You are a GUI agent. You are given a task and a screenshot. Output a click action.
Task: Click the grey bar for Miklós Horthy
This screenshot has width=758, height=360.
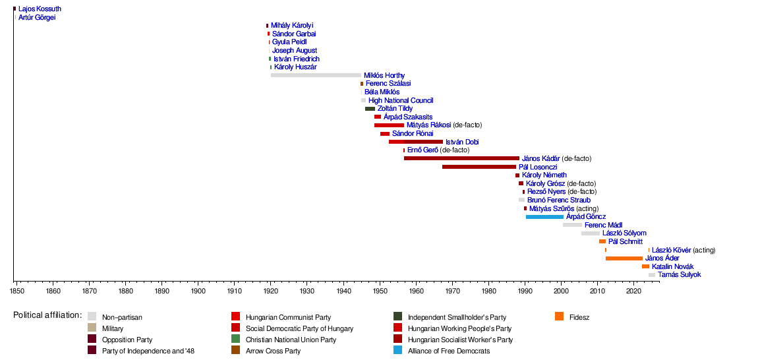[x=316, y=75]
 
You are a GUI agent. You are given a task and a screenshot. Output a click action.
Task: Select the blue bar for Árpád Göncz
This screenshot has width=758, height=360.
[x=544, y=216]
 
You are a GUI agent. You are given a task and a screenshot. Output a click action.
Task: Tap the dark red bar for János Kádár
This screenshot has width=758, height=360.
[x=461, y=158]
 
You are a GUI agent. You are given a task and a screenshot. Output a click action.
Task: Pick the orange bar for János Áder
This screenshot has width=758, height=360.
[x=624, y=258]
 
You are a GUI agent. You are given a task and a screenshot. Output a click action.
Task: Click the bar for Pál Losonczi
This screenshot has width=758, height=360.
[x=479, y=167]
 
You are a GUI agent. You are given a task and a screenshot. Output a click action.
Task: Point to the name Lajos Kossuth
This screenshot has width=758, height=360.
[x=40, y=9]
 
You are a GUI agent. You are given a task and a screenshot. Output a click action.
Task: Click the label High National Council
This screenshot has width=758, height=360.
[x=401, y=100]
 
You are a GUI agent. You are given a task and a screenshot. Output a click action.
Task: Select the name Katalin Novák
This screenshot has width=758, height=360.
[x=672, y=266]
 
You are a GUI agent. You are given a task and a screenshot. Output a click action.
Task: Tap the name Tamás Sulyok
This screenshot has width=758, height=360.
[x=679, y=275]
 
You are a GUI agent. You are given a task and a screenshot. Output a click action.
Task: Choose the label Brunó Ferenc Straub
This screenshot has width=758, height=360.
[x=559, y=200]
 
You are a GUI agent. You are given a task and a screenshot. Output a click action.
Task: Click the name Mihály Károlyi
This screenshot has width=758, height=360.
[x=292, y=25]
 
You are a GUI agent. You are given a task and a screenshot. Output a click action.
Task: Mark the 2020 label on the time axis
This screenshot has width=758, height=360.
[x=633, y=290]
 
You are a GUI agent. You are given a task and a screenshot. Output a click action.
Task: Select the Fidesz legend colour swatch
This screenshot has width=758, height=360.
[x=560, y=316]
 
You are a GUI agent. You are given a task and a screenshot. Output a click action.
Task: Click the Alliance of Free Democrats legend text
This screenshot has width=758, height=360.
[x=448, y=351]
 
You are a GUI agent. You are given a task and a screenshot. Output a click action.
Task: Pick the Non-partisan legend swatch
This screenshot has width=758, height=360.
[x=92, y=316]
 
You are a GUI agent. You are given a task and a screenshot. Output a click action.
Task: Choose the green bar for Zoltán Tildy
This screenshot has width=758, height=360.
[x=370, y=109]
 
